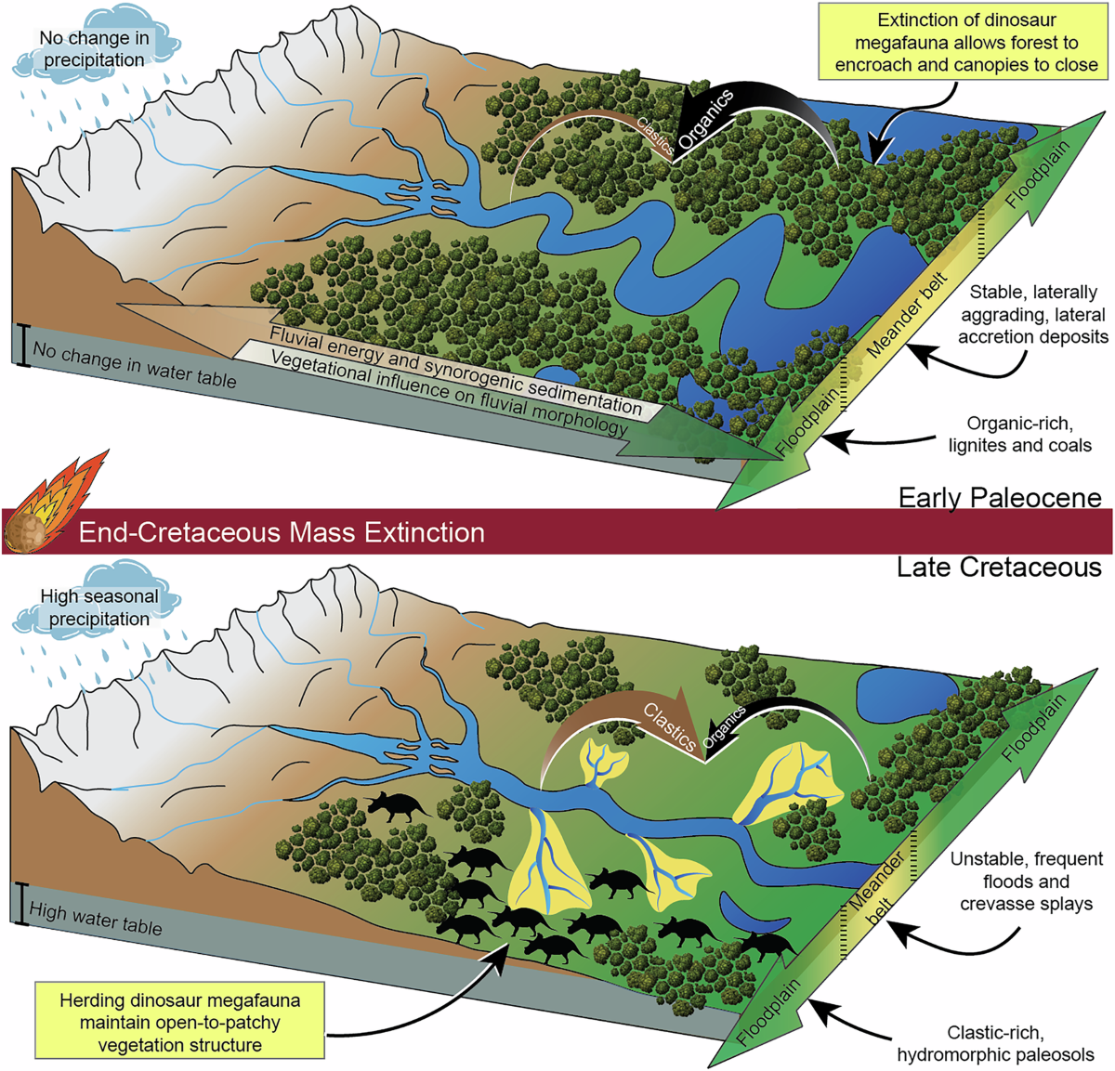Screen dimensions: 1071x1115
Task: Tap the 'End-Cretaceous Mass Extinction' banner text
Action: (x=282, y=532)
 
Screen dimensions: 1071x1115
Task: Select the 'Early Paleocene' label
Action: (x=999, y=498)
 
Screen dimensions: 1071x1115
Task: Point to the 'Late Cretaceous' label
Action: (x=999, y=568)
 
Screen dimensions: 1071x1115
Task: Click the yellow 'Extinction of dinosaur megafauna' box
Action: (x=966, y=43)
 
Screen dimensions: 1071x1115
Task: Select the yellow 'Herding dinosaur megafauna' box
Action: (x=179, y=1023)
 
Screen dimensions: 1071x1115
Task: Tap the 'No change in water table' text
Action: (x=135, y=364)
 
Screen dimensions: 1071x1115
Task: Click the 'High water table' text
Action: (x=96, y=918)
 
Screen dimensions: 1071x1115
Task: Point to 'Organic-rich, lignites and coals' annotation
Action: (x=1019, y=435)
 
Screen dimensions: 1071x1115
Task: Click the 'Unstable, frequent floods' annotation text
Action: (x=1026, y=881)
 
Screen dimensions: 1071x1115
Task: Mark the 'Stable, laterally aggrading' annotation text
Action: (x=1032, y=315)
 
